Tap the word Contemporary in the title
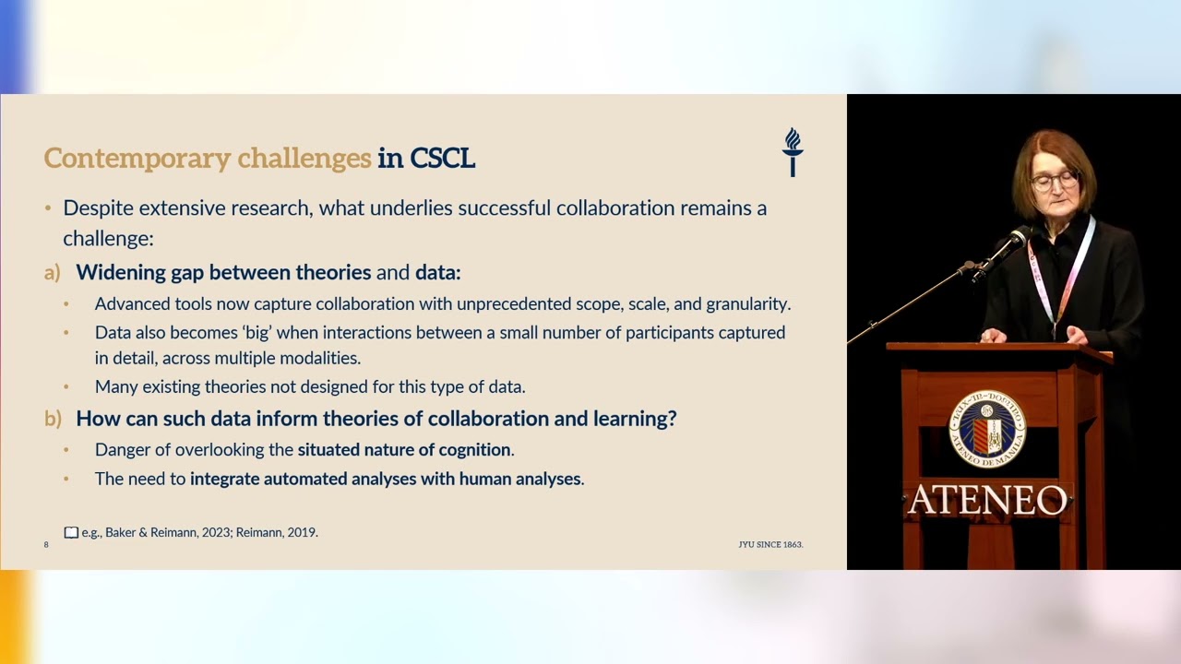137,159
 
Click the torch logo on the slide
793,152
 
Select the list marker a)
53,273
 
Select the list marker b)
53,419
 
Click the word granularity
748,304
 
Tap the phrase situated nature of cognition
404,450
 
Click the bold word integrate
225,479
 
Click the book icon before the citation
71,533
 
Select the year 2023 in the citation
215,532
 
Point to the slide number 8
46,545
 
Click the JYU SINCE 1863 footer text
770,545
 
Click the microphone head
1020,238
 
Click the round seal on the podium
987,429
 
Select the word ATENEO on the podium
987,500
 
